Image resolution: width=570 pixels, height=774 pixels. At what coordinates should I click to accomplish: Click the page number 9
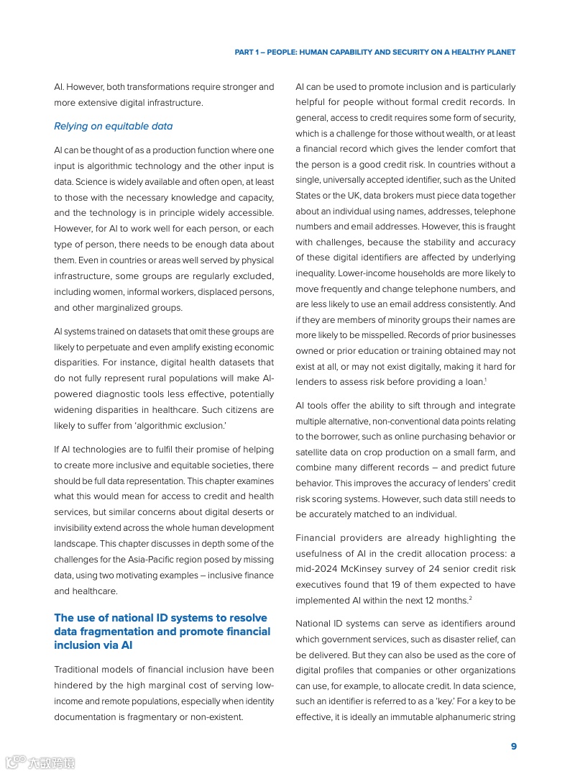pos(513,746)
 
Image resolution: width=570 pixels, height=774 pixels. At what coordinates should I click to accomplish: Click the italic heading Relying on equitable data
pos(113,126)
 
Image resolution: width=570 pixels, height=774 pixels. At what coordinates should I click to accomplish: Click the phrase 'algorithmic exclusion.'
pos(185,426)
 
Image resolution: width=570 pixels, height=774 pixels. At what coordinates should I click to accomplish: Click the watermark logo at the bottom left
pos(40,762)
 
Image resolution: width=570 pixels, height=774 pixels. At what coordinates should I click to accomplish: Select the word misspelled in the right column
pos(378,335)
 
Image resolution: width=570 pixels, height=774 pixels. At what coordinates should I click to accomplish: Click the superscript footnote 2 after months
pos(470,598)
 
